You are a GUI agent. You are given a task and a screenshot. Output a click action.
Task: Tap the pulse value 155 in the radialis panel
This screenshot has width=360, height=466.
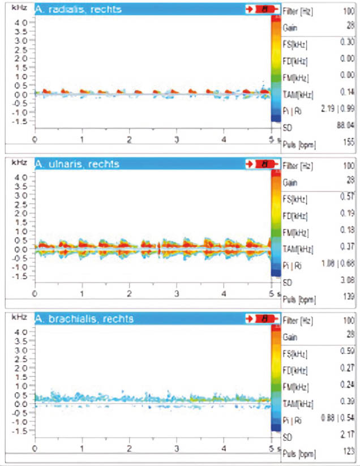coord(348,144)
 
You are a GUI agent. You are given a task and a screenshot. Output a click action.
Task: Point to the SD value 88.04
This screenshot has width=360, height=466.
coord(345,127)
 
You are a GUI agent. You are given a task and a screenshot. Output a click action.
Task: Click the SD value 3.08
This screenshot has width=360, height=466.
coord(346,280)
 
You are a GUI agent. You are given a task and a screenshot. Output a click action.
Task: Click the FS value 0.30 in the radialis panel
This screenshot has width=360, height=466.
coord(346,43)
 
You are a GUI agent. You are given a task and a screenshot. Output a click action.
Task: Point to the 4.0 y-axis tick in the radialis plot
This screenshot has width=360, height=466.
coord(20,22)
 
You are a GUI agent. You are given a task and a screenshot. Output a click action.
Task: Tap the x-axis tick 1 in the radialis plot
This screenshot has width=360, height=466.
coord(83,139)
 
